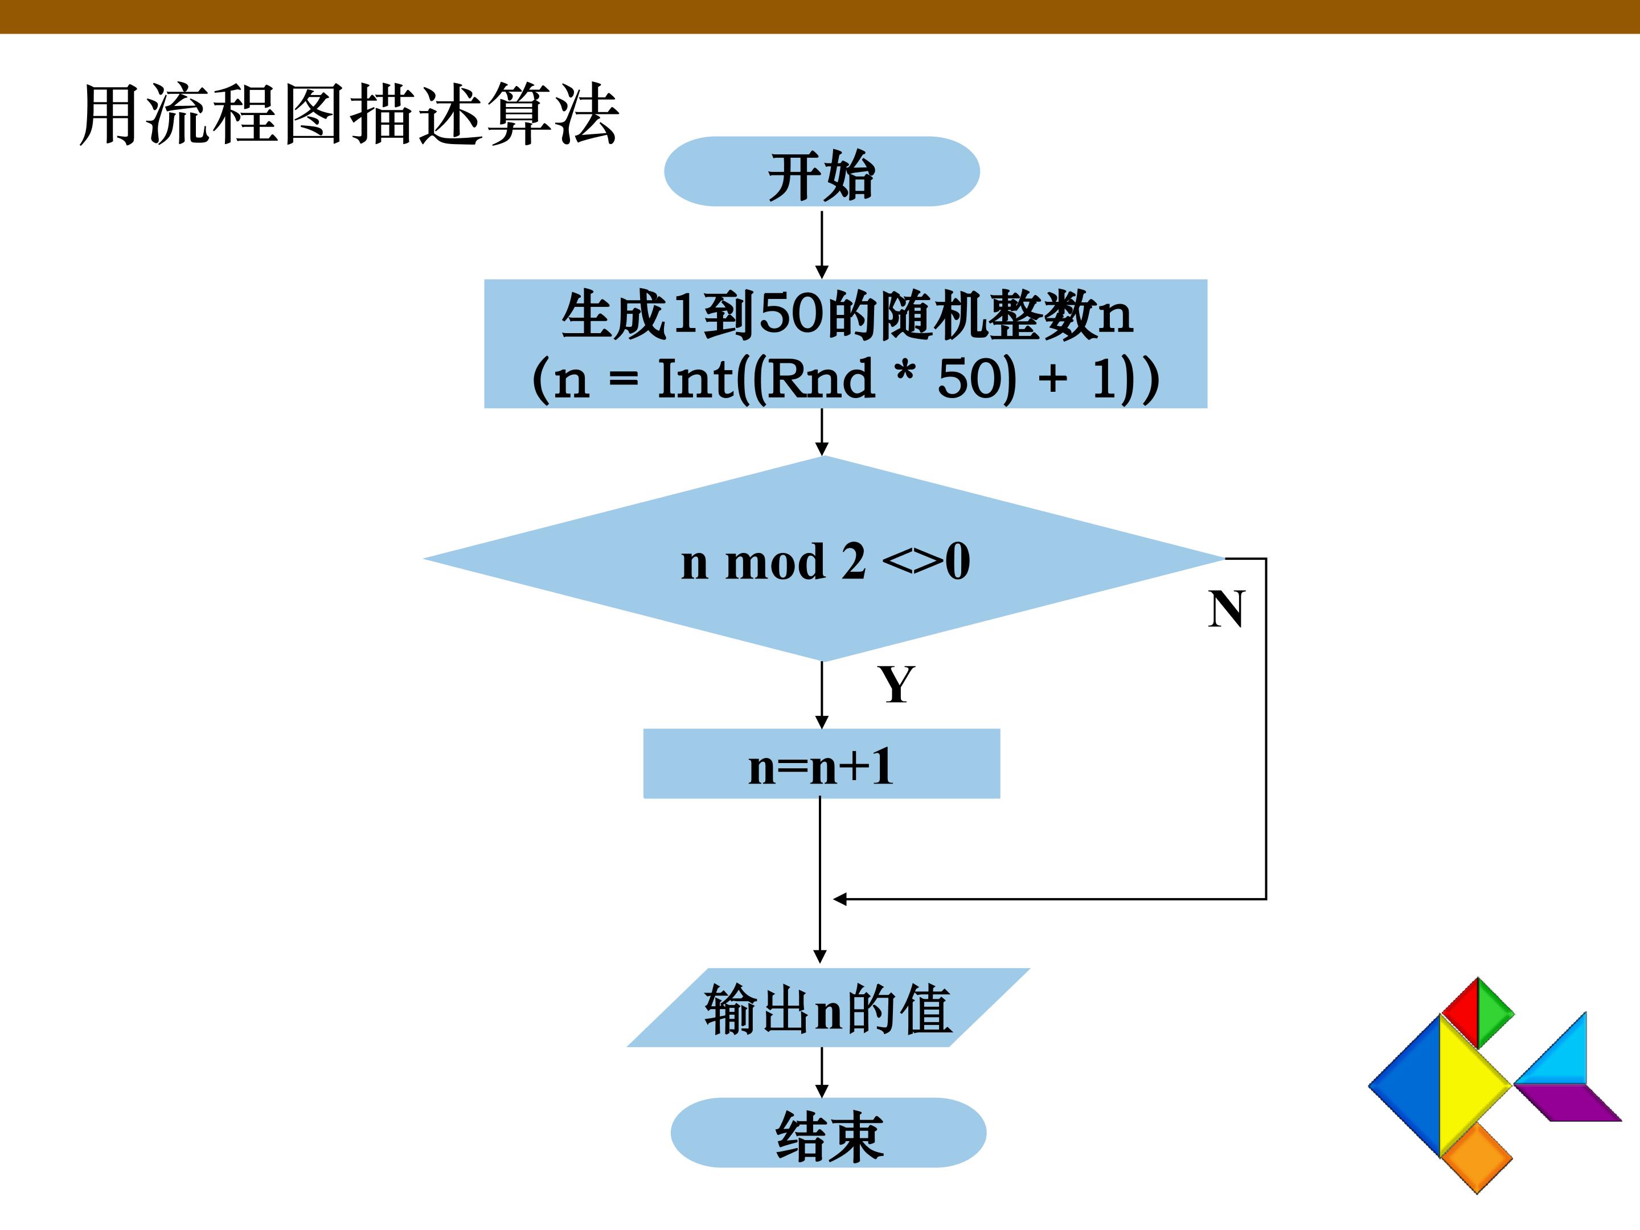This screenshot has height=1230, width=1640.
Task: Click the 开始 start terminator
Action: coord(822,171)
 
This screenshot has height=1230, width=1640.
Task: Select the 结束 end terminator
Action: coord(828,1133)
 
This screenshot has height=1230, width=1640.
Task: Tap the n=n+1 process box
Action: coord(822,764)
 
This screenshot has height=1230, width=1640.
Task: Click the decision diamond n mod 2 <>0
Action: coord(823,558)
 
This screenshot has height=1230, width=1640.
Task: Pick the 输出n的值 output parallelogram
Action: coord(828,1007)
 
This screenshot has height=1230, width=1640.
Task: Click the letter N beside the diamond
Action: coord(1226,609)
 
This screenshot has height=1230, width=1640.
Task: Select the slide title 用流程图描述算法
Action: coord(348,114)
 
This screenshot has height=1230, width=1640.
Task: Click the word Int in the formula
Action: coord(695,379)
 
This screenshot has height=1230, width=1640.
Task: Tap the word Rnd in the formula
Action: coord(820,379)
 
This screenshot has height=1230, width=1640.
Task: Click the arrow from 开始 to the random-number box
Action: coord(822,245)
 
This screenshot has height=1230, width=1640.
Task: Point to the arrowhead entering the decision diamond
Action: coord(822,448)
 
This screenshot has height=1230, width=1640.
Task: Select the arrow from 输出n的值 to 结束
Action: coord(822,1073)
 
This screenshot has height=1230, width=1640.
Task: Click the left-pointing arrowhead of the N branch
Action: coord(840,899)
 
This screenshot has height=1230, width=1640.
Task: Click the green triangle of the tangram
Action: coord(1495,1012)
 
